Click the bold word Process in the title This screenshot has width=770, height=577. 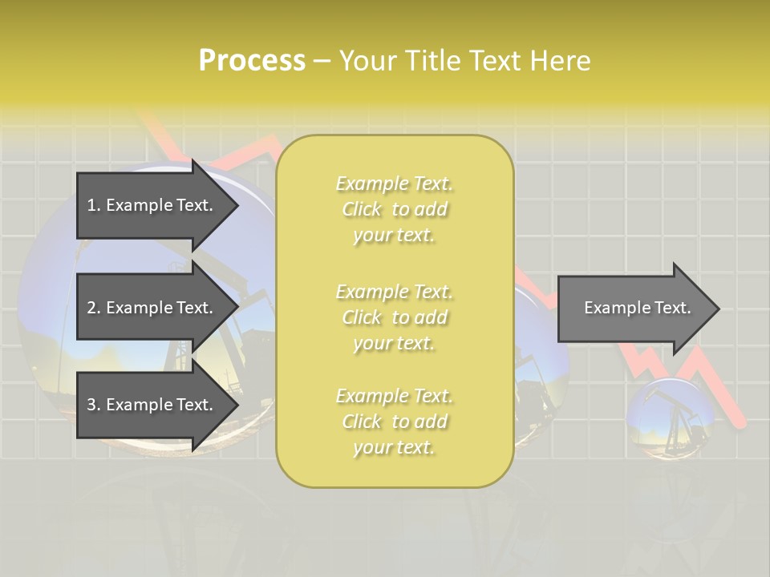[x=252, y=61]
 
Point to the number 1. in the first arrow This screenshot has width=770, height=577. [x=94, y=205]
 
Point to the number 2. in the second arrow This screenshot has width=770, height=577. [x=94, y=308]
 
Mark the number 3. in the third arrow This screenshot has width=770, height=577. [x=94, y=405]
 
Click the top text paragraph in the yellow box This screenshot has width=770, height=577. [x=394, y=209]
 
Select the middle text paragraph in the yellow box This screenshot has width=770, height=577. [x=394, y=317]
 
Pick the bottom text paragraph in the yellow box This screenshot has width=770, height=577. [x=394, y=422]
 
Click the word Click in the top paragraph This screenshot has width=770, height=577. [x=362, y=209]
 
